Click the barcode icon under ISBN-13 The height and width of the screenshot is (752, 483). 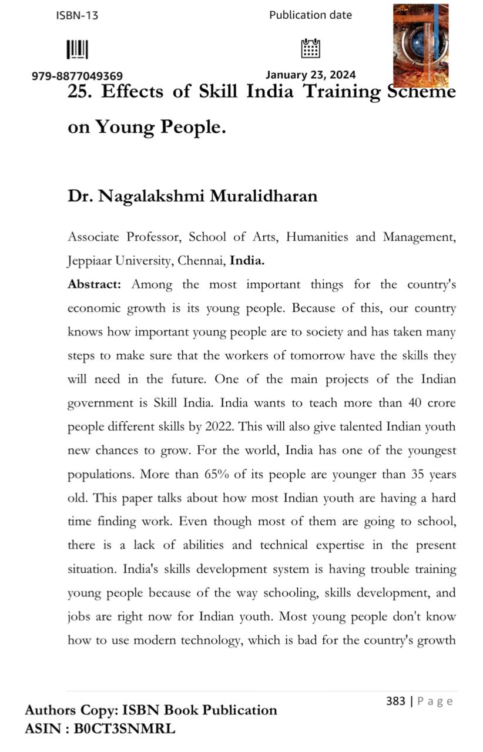[x=77, y=49]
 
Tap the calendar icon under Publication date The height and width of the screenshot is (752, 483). [x=310, y=48]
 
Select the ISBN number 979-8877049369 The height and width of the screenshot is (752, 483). [x=77, y=76]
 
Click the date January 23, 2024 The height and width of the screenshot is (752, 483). [x=310, y=75]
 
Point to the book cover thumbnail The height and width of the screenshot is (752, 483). [x=420, y=45]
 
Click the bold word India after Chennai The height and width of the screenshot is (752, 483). [x=247, y=261]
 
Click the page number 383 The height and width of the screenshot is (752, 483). [x=395, y=701]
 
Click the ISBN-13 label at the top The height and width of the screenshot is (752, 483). [x=77, y=16]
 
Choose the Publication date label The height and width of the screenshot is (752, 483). [x=310, y=15]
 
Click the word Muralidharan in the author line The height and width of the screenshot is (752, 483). [x=265, y=196]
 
